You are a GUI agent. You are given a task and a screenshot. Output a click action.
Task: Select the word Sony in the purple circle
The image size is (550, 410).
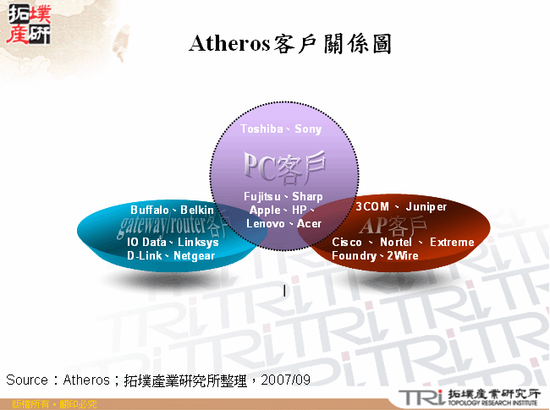(x=308, y=128)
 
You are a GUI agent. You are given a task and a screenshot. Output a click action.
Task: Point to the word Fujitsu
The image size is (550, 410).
(x=263, y=196)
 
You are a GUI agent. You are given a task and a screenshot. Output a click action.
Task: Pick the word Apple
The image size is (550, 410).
(x=265, y=210)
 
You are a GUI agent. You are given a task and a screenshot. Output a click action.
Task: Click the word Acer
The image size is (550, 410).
(x=309, y=223)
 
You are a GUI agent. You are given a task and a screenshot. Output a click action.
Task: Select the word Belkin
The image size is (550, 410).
(x=197, y=209)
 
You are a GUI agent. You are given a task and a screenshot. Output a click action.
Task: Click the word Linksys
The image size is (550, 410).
(x=198, y=242)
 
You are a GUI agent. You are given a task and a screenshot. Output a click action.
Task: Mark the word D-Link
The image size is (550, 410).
(x=145, y=254)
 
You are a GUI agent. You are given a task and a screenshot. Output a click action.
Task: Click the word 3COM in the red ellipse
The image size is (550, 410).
(x=371, y=206)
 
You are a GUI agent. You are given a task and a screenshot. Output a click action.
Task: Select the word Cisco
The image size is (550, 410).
(x=347, y=242)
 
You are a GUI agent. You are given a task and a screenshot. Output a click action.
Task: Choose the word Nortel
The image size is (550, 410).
(x=396, y=242)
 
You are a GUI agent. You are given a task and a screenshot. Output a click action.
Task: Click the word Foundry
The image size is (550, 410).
(x=354, y=254)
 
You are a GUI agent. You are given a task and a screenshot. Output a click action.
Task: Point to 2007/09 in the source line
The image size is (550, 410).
(x=286, y=380)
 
